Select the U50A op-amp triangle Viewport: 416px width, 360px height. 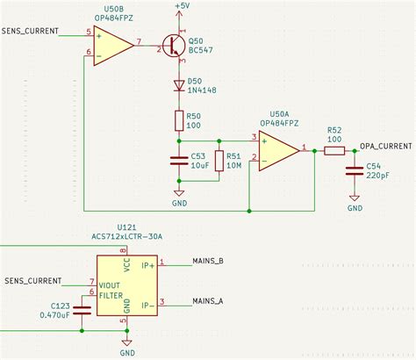279,149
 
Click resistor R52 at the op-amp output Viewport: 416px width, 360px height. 334,150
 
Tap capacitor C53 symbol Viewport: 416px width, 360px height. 180,161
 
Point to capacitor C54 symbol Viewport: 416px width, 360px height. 355,171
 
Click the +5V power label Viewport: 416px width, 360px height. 180,6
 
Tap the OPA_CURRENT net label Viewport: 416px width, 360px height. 385,145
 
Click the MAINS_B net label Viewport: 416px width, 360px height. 207,261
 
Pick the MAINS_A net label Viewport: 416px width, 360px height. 207,300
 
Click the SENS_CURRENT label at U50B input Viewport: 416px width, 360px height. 30,32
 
